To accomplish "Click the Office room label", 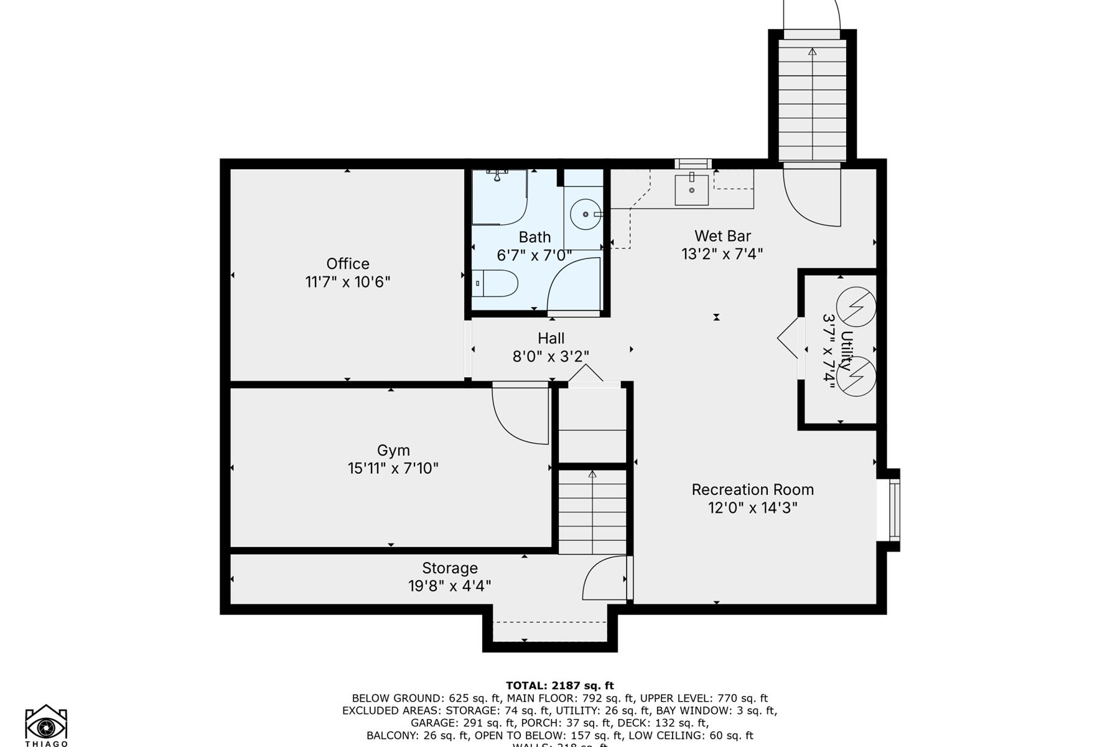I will (x=348, y=263).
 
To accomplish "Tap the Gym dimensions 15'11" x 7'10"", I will (x=393, y=468).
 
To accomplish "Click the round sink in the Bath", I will (x=586, y=214).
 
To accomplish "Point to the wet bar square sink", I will (x=691, y=190).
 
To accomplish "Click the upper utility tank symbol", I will (x=856, y=307).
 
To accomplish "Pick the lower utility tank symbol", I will (x=856, y=376).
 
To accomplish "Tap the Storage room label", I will (x=450, y=568).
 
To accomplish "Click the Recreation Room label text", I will (x=752, y=489).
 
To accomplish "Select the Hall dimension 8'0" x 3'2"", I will (x=551, y=356).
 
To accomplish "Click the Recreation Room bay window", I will (x=894, y=510).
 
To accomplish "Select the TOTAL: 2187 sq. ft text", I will (x=559, y=686).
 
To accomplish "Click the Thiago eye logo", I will (x=46, y=726).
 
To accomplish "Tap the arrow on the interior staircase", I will (x=592, y=475).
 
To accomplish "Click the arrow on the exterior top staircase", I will (x=812, y=52).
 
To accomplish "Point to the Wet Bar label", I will (x=722, y=236).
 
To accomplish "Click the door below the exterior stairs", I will (x=812, y=196).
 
